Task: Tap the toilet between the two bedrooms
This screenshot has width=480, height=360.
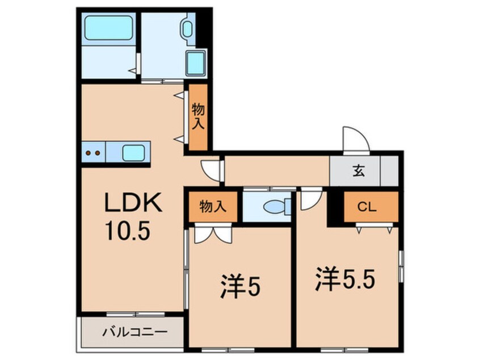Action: click(x=276, y=206)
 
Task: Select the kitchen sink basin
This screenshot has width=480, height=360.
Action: click(x=134, y=152)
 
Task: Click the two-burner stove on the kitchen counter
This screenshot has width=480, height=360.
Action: click(x=93, y=152)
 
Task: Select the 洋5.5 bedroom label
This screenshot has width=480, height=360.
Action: click(x=346, y=280)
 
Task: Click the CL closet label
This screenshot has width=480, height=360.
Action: click(x=368, y=207)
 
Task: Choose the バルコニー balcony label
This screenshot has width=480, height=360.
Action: click(x=134, y=332)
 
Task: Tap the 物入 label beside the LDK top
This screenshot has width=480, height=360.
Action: click(x=198, y=117)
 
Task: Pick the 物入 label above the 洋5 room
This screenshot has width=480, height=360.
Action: click(x=212, y=207)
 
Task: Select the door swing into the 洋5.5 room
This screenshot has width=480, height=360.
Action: click(x=311, y=197)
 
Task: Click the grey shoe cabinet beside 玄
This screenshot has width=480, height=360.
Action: click(x=389, y=170)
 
